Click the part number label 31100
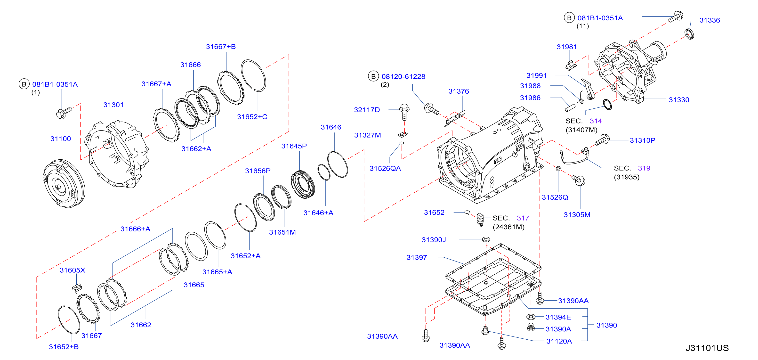61,139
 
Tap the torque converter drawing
64,184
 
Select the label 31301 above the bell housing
113,105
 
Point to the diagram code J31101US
707,348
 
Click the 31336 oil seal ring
689,34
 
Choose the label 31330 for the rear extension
679,100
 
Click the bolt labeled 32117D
404,112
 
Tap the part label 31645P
294,146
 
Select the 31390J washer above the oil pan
486,239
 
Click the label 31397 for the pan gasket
417,258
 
